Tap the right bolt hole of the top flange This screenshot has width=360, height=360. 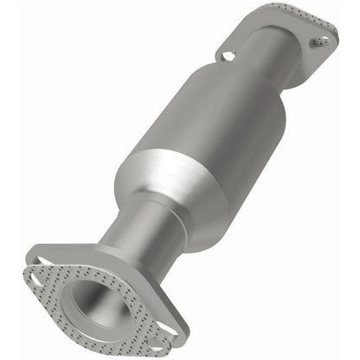(x=322, y=39)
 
